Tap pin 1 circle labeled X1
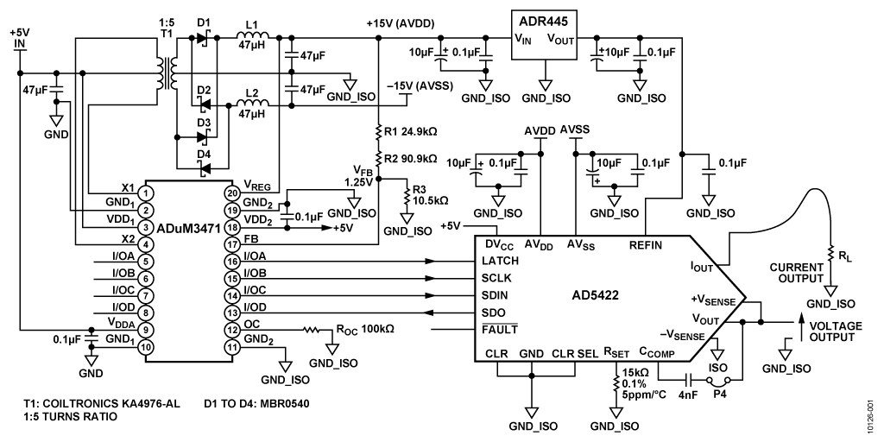146,193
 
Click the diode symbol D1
203,38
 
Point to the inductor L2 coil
253,103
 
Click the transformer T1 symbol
167,73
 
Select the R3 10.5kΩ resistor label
421,194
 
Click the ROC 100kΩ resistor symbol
311,329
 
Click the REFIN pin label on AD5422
646,245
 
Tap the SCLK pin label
495,279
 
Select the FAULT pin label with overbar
500,330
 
